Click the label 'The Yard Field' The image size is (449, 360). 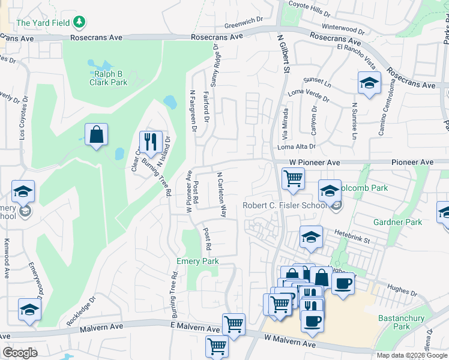tap(43, 23)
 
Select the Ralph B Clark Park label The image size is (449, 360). tap(109, 78)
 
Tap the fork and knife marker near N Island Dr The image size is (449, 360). tap(150, 142)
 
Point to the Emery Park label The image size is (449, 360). tap(197, 261)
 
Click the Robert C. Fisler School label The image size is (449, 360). tap(285, 206)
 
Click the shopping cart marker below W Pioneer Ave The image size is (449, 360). tap(292, 178)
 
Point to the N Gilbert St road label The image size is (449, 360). tap(285, 54)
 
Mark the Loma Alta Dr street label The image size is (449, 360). tap(296, 146)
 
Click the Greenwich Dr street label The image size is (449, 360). tap(244, 26)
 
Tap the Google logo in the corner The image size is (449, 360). tap(20, 353)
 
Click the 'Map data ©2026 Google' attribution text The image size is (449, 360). tap(411, 355)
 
